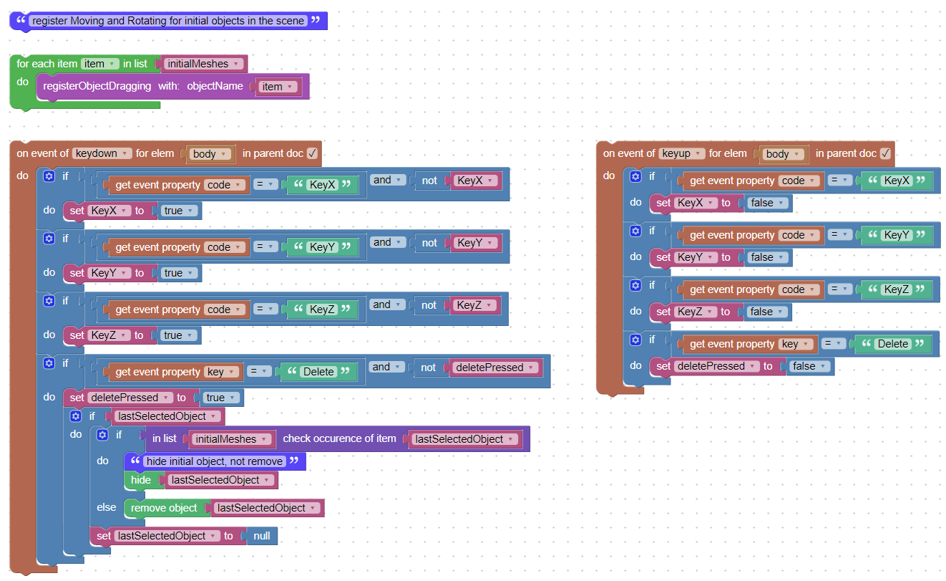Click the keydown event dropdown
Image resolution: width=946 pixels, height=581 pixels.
[x=102, y=153]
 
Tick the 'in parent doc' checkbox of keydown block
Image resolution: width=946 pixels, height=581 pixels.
[x=312, y=153]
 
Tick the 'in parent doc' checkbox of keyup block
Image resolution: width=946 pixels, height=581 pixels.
[x=885, y=153]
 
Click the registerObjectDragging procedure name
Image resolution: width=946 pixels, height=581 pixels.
[x=97, y=86]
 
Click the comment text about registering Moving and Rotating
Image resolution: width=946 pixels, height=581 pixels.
[x=168, y=21]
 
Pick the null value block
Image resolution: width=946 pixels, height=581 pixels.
[x=262, y=536]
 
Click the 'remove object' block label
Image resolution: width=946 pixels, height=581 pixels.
[x=164, y=508]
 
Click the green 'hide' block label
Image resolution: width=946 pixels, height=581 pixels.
[x=141, y=480]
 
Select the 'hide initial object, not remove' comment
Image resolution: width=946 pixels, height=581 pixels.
[x=215, y=461]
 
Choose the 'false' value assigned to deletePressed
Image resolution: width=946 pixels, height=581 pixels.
[x=809, y=366]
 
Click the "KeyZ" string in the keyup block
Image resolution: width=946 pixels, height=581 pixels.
[x=896, y=289]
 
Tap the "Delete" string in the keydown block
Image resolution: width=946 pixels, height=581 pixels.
[x=318, y=372]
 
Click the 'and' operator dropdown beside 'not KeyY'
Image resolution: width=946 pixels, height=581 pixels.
[x=387, y=242]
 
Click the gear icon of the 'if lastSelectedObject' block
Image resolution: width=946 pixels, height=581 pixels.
[x=76, y=416]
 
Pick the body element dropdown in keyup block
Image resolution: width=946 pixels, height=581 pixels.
[x=783, y=154]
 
